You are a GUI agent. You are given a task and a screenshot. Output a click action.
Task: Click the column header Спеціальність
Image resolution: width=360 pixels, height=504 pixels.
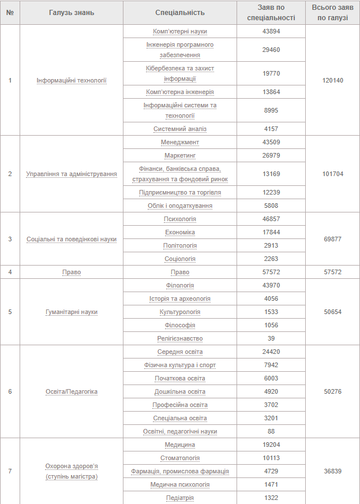[180, 12]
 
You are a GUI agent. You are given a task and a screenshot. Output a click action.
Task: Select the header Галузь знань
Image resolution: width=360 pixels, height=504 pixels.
[72, 12]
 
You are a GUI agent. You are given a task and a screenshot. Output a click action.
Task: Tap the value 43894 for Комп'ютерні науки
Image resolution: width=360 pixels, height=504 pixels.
[271, 31]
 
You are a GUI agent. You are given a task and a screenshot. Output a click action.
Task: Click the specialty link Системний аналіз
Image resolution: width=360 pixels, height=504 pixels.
[180, 129]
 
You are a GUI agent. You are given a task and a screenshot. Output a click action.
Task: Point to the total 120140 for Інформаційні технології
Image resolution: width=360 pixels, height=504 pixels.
[333, 80]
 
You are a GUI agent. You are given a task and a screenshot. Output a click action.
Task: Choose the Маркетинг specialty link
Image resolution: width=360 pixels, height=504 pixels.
[180, 155]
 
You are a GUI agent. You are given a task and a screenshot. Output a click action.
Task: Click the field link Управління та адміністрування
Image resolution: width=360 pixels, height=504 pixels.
[72, 174]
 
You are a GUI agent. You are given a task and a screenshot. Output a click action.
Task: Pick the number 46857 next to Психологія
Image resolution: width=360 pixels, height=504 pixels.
[271, 219]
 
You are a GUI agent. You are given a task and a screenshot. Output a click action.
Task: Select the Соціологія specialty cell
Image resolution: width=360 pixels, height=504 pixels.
[180, 259]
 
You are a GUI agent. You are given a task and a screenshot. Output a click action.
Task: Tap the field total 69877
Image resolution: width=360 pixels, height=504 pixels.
[333, 239]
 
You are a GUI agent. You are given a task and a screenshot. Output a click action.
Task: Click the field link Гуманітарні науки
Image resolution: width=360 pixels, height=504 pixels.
[72, 312]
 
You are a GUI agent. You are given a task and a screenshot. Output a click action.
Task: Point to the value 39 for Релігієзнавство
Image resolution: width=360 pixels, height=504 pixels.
[271, 338]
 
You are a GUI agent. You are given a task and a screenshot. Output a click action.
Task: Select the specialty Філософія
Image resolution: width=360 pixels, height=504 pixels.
[180, 325]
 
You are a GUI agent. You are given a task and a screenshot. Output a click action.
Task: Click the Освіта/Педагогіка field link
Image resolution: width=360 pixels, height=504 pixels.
[72, 391]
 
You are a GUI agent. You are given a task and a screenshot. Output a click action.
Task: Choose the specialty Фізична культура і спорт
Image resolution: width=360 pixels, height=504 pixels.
[180, 365]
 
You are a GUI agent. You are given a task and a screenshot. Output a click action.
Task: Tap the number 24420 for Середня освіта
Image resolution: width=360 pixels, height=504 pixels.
[271, 352]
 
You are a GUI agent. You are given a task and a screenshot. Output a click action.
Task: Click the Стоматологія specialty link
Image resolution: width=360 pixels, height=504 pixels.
[180, 458]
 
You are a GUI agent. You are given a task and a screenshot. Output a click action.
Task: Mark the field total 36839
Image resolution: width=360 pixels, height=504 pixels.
[333, 471]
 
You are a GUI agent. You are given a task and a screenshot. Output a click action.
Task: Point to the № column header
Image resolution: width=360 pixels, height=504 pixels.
[10, 12]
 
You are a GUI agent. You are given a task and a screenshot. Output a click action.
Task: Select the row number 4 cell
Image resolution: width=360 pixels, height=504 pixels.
[10, 272]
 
